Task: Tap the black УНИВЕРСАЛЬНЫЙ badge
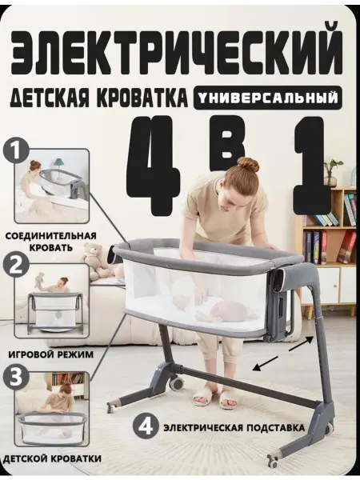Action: point(266,98)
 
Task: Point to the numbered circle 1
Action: point(16,151)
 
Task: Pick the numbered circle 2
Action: point(16,266)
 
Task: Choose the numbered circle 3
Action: point(16,377)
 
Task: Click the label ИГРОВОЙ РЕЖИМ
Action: point(51,354)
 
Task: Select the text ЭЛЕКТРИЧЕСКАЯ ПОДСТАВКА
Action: point(234,427)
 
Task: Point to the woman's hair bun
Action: point(248,164)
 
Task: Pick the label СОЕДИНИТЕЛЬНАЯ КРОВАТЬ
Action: point(51,242)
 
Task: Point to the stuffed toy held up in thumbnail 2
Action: point(40,279)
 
